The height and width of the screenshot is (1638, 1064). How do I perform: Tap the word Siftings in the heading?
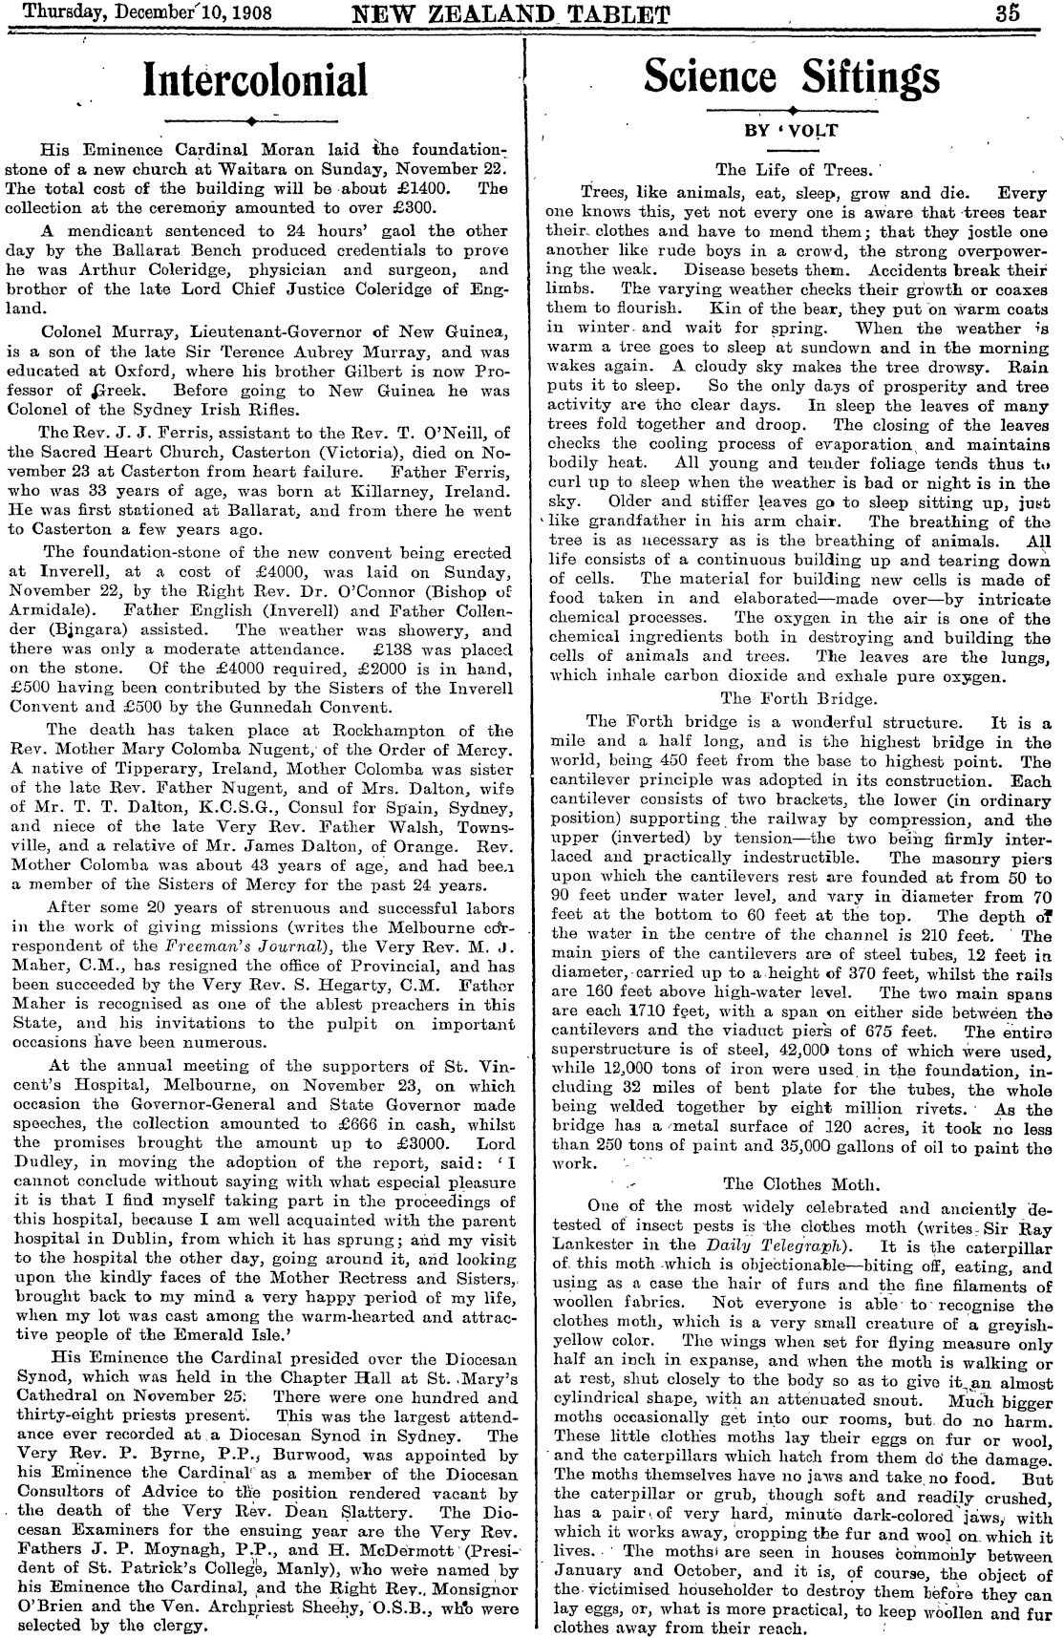pyautogui.click(x=865, y=76)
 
